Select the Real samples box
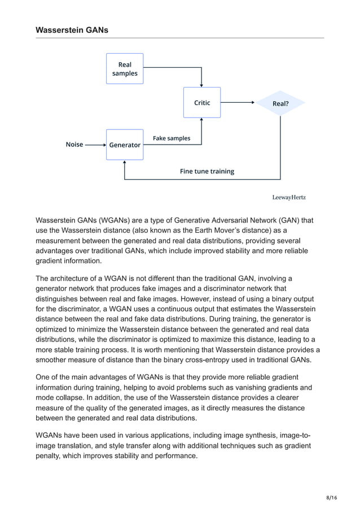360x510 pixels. pyautogui.click(x=125, y=69)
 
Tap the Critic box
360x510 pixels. pyautogui.click(x=202, y=103)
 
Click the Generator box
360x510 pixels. pyautogui.click(x=125, y=145)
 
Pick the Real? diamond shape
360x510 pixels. pyautogui.click(x=280, y=103)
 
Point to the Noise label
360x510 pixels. pyautogui.click(x=74, y=145)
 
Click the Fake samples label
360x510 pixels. pyautogui.click(x=172, y=138)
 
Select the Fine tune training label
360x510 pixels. pyautogui.click(x=207, y=171)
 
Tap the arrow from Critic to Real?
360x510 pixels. pyautogui.click(x=238, y=103)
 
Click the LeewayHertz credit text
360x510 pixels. pyautogui.click(x=289, y=197)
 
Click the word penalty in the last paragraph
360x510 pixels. pyautogui.click(x=51, y=456)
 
